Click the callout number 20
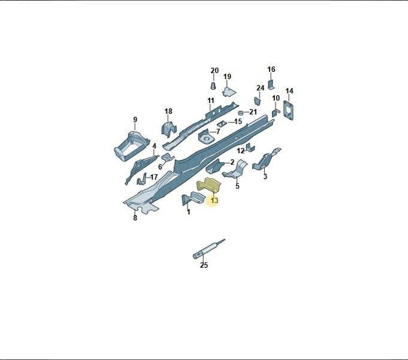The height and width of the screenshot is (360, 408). tap(214, 71)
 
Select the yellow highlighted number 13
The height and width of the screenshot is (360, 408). tap(214, 201)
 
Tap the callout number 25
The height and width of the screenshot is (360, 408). tap(204, 265)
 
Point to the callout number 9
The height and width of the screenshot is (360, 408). tap(135, 120)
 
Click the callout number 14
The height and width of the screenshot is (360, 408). tap(289, 91)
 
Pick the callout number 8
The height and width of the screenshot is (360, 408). tap(135, 217)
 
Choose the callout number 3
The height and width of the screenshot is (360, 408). tap(265, 176)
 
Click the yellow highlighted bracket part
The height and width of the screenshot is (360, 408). tap(208, 185)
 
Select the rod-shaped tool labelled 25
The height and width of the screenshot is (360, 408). tap(208, 249)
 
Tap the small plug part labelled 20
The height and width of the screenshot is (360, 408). tap(213, 85)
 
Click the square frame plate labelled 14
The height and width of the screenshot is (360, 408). tap(288, 111)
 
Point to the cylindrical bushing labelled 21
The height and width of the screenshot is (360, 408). tap(241, 113)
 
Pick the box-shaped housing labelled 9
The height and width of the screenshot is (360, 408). tap(130, 145)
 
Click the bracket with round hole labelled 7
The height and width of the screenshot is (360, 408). tap(206, 136)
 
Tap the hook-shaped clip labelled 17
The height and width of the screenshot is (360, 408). tap(141, 179)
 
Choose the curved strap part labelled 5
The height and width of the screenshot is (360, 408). tap(235, 170)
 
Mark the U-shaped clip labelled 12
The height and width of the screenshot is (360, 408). tap(250, 147)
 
